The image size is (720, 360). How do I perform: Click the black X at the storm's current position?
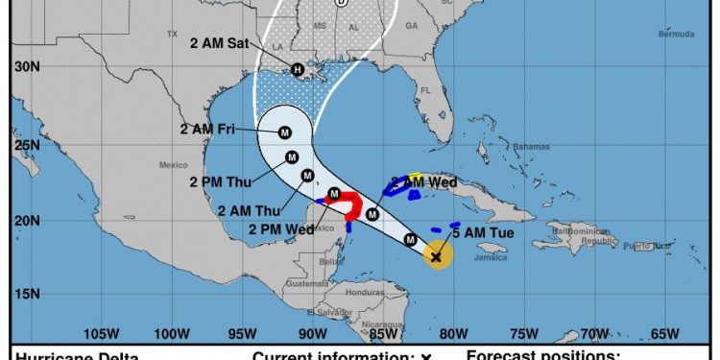coord(436,256)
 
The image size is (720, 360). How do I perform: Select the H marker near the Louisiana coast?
coord(298,69)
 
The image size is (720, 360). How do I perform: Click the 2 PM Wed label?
coord(280,228)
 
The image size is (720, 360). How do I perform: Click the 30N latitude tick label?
coord(26,66)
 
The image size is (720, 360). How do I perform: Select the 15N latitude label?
coord(26,294)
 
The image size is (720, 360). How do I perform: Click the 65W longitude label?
coord(664,334)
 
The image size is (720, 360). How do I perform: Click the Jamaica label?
coord(493,258)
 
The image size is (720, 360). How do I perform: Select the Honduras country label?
coord(366,292)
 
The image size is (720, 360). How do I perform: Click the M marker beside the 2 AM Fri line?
coord(286,133)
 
